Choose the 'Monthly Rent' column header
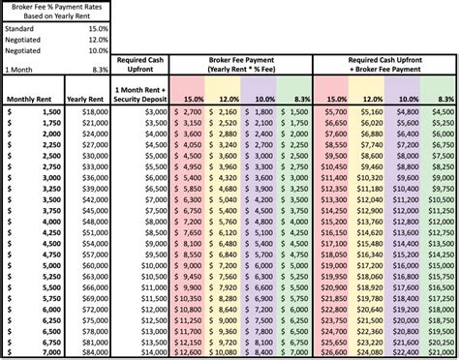[31, 99]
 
